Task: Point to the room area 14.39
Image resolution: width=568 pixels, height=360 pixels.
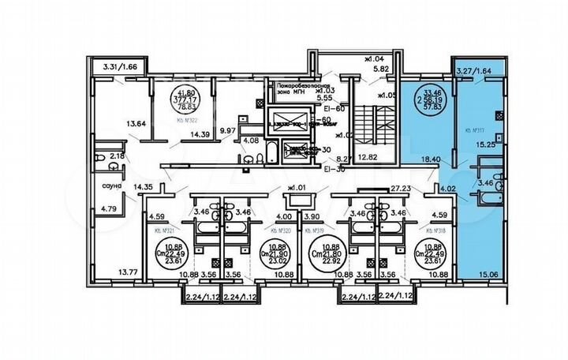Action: coord(200,135)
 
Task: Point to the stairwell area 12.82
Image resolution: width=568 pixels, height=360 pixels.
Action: coord(368,158)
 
